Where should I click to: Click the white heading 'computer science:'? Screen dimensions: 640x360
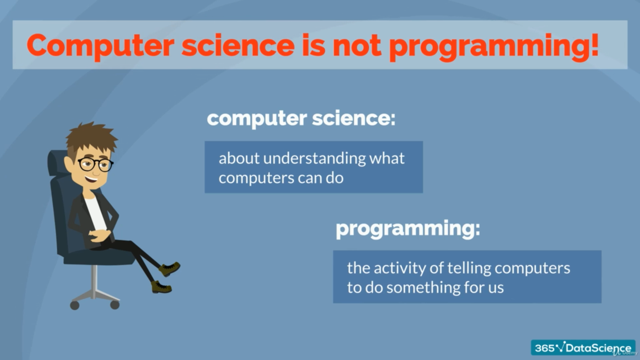pos(301,118)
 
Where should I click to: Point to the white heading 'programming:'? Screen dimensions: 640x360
pos(408,229)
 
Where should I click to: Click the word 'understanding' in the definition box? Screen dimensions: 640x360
pos(314,159)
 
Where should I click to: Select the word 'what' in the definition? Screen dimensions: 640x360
pos(387,158)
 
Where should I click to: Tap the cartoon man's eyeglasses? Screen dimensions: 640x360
pos(96,164)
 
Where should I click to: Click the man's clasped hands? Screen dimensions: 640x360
pos(99,235)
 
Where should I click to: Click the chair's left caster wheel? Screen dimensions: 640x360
pos(75,305)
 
